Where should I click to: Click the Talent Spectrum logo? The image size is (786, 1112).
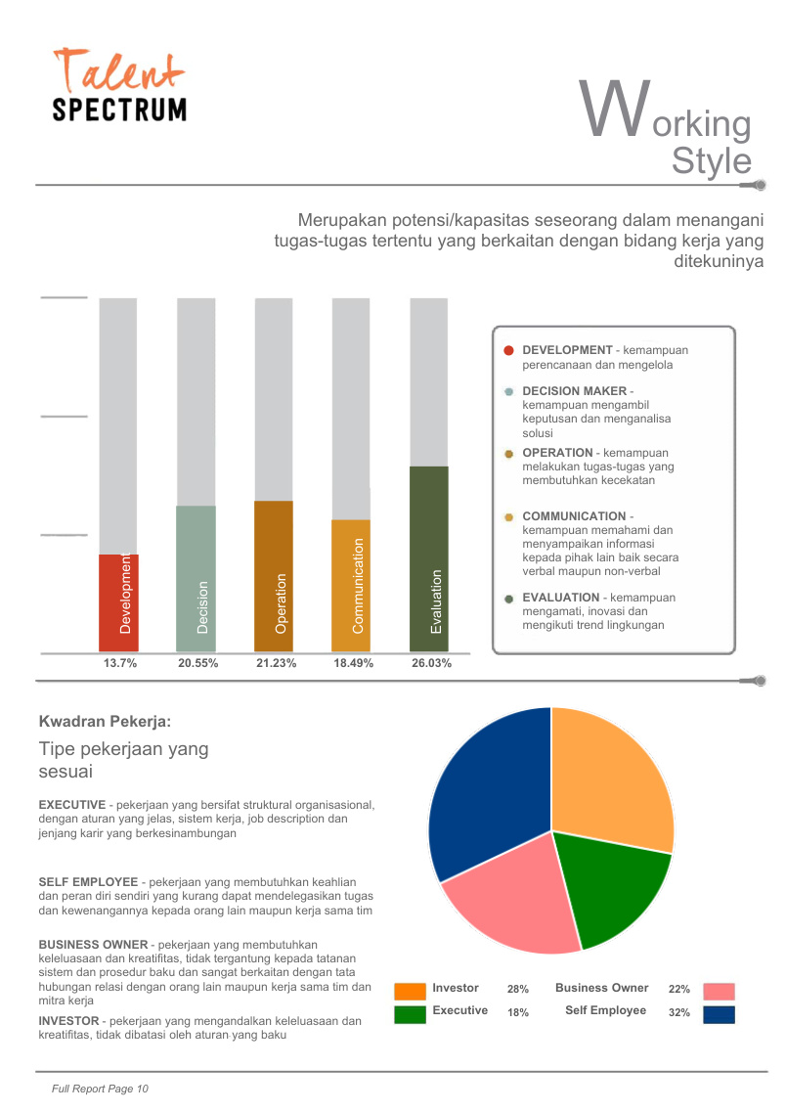pyautogui.click(x=119, y=84)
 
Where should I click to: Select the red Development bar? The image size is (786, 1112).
pyautogui.click(x=118, y=602)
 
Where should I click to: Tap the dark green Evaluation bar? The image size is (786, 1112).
pyautogui.click(x=429, y=558)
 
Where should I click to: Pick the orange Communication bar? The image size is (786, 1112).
pyautogui.click(x=351, y=586)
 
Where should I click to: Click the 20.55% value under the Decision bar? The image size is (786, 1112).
pyautogui.click(x=197, y=663)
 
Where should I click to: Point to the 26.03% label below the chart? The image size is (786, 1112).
pyautogui.click(x=432, y=663)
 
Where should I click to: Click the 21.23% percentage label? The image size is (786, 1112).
pyautogui.click(x=276, y=663)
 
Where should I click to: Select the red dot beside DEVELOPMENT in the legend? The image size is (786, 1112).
pyautogui.click(x=508, y=350)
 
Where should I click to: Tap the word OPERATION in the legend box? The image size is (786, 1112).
pyautogui.click(x=557, y=453)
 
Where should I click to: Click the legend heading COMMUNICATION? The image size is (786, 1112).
pyautogui.click(x=574, y=516)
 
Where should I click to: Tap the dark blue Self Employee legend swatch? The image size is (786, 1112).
pyautogui.click(x=719, y=1015)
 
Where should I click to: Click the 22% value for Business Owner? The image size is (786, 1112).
pyautogui.click(x=679, y=990)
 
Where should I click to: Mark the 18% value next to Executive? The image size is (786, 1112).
pyautogui.click(x=518, y=1012)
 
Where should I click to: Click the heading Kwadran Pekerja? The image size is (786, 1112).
pyautogui.click(x=105, y=722)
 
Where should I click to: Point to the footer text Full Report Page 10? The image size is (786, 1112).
pyautogui.click(x=100, y=1089)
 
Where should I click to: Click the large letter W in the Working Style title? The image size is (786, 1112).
pyautogui.click(x=615, y=108)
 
